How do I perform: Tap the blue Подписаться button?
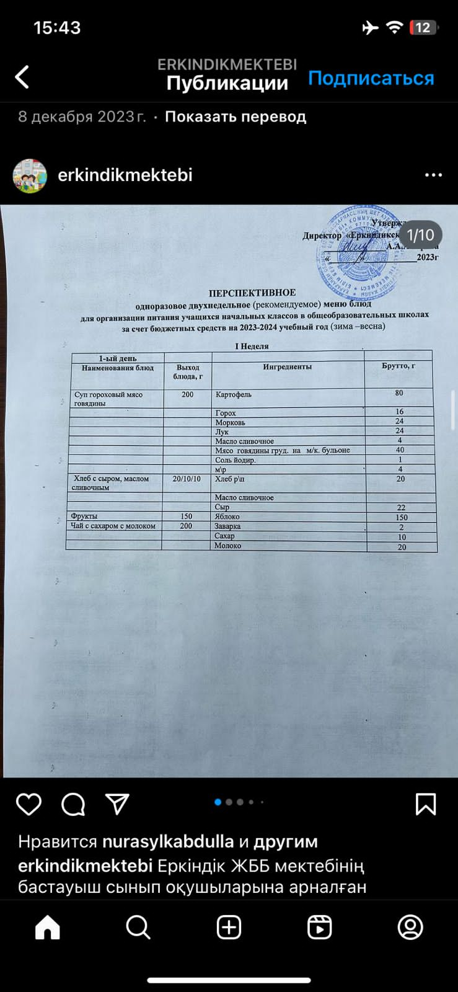(371, 78)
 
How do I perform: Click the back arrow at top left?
(22, 77)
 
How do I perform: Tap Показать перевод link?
(236, 117)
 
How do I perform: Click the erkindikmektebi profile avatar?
(30, 175)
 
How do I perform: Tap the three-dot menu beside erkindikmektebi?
(433, 175)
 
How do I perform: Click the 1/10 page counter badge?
(420, 236)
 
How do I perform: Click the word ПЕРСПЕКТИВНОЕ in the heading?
(252, 293)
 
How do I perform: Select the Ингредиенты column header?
(287, 367)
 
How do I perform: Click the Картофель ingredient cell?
(233, 394)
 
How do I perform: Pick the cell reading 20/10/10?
(187, 479)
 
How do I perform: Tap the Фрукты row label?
(84, 516)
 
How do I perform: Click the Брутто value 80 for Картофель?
(399, 393)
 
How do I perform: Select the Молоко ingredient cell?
(227, 546)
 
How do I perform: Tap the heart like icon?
(29, 804)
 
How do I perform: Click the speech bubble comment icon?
(73, 804)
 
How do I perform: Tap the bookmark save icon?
(425, 804)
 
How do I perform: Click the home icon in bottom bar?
(48, 928)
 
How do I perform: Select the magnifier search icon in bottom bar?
(138, 928)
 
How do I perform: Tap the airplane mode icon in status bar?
(370, 27)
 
